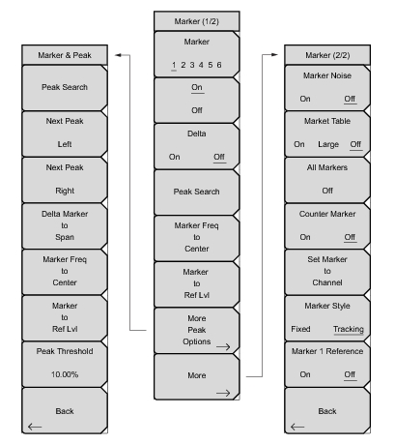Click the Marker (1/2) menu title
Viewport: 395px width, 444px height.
coord(197,21)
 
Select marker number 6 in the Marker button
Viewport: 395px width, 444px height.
coord(219,65)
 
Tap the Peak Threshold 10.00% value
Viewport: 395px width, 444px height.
coord(65,374)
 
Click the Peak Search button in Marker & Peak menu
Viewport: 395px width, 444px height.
coord(65,88)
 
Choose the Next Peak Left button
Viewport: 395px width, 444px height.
coord(65,133)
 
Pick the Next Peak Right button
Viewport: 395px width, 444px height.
coord(65,180)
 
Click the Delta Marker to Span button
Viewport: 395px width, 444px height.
coord(65,225)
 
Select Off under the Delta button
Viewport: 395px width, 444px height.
coord(219,157)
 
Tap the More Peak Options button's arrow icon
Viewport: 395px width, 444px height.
coord(223,347)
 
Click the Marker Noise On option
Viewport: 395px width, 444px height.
coord(305,99)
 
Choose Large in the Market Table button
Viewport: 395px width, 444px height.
coord(328,144)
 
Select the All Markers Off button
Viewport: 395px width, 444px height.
coord(327,180)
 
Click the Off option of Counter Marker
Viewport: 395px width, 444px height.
coord(350,237)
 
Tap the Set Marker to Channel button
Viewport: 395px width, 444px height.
coord(327,272)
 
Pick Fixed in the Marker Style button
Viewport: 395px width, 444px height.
coord(300,329)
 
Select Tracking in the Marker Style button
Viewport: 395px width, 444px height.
coord(349,329)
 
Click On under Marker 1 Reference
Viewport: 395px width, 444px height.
coord(305,374)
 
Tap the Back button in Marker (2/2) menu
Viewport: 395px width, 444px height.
coord(327,411)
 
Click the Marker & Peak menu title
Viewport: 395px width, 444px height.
coord(65,55)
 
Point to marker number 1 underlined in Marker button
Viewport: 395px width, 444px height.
coord(174,65)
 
